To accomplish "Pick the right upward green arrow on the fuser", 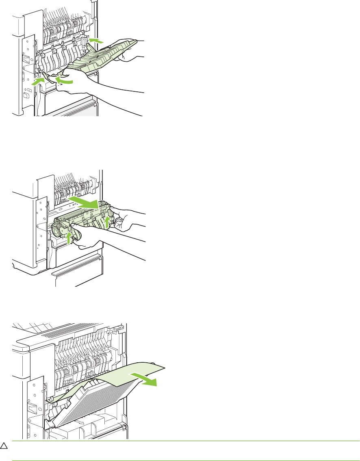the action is coord(107,222).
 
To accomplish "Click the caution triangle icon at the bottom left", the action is coord(4,446).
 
